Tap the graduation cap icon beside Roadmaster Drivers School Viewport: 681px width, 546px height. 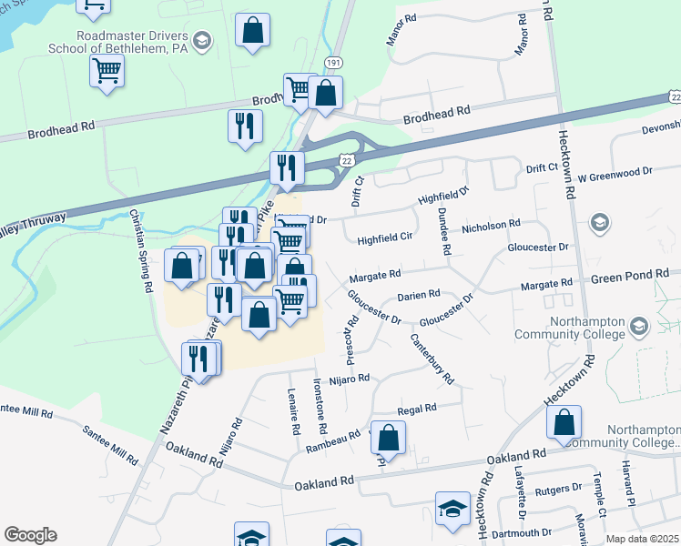[x=202, y=40]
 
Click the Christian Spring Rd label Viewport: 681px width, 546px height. [x=141, y=251]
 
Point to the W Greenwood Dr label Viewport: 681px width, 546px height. [x=615, y=171]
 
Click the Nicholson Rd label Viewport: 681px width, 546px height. [x=491, y=224]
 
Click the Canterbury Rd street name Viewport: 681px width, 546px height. [x=432, y=359]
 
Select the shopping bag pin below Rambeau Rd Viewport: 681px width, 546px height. [x=389, y=438]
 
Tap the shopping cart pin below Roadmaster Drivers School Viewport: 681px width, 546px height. [x=107, y=69]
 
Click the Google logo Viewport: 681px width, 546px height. [x=30, y=535]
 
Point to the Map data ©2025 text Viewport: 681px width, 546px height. [x=642, y=539]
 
